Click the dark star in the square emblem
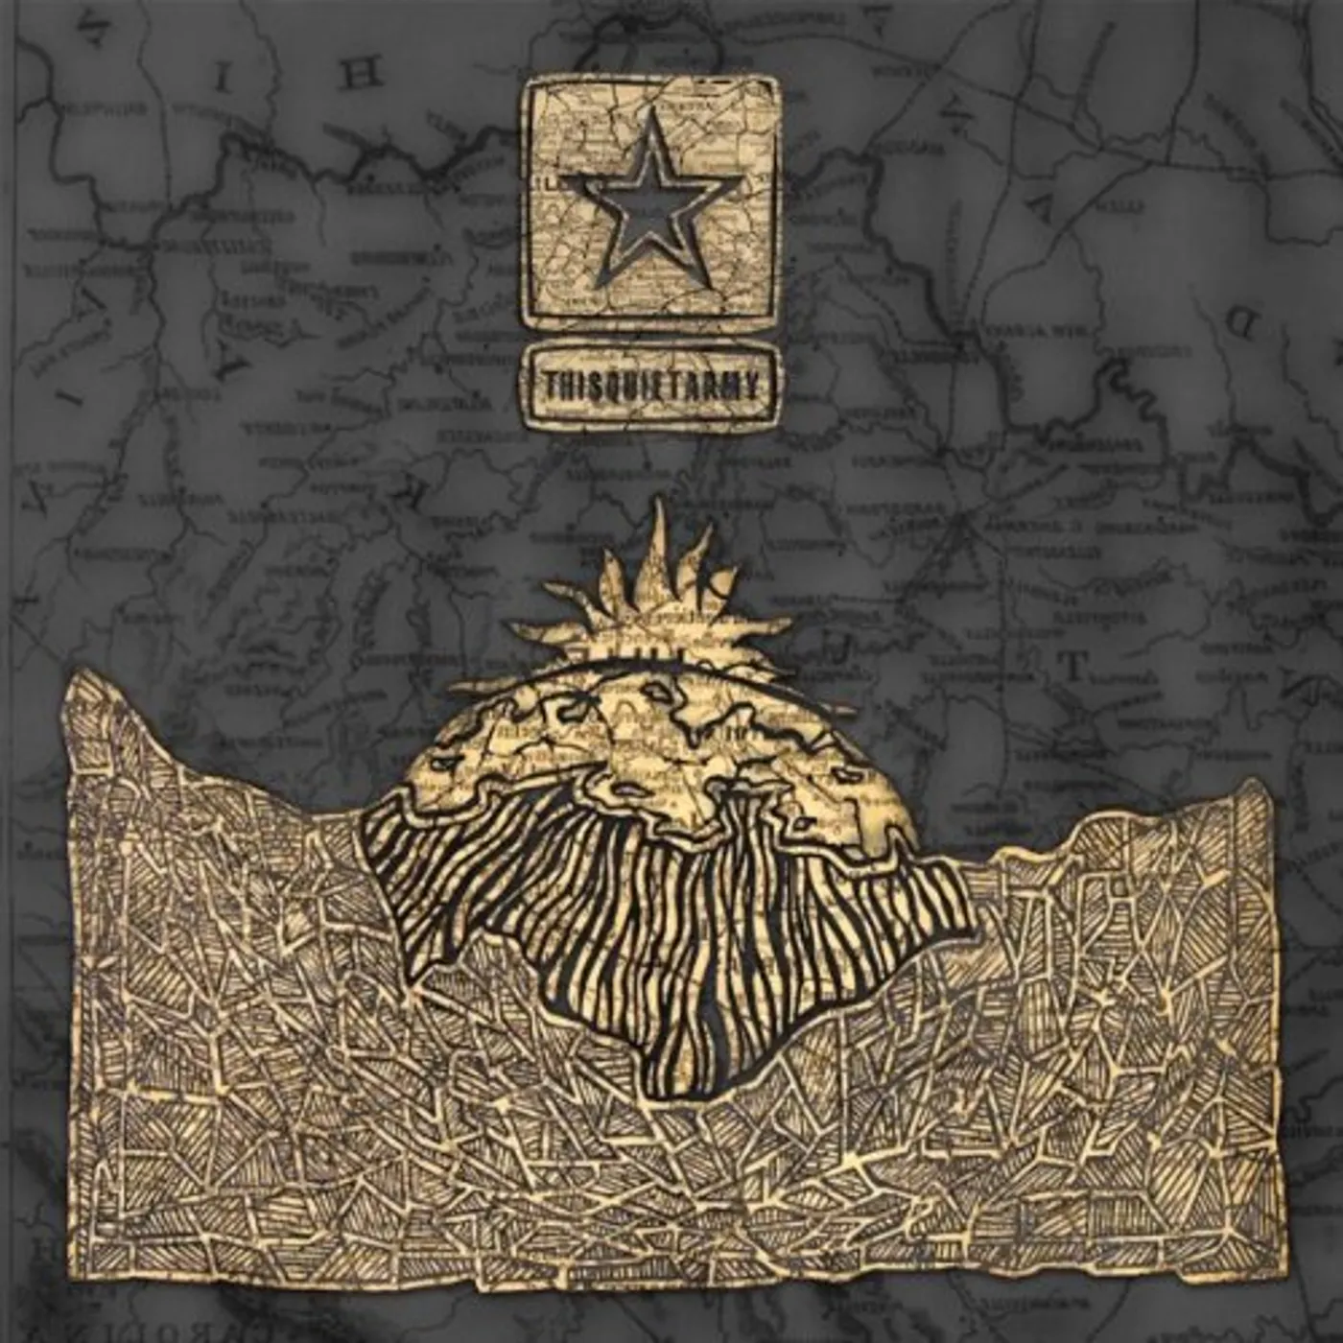[650, 205]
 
